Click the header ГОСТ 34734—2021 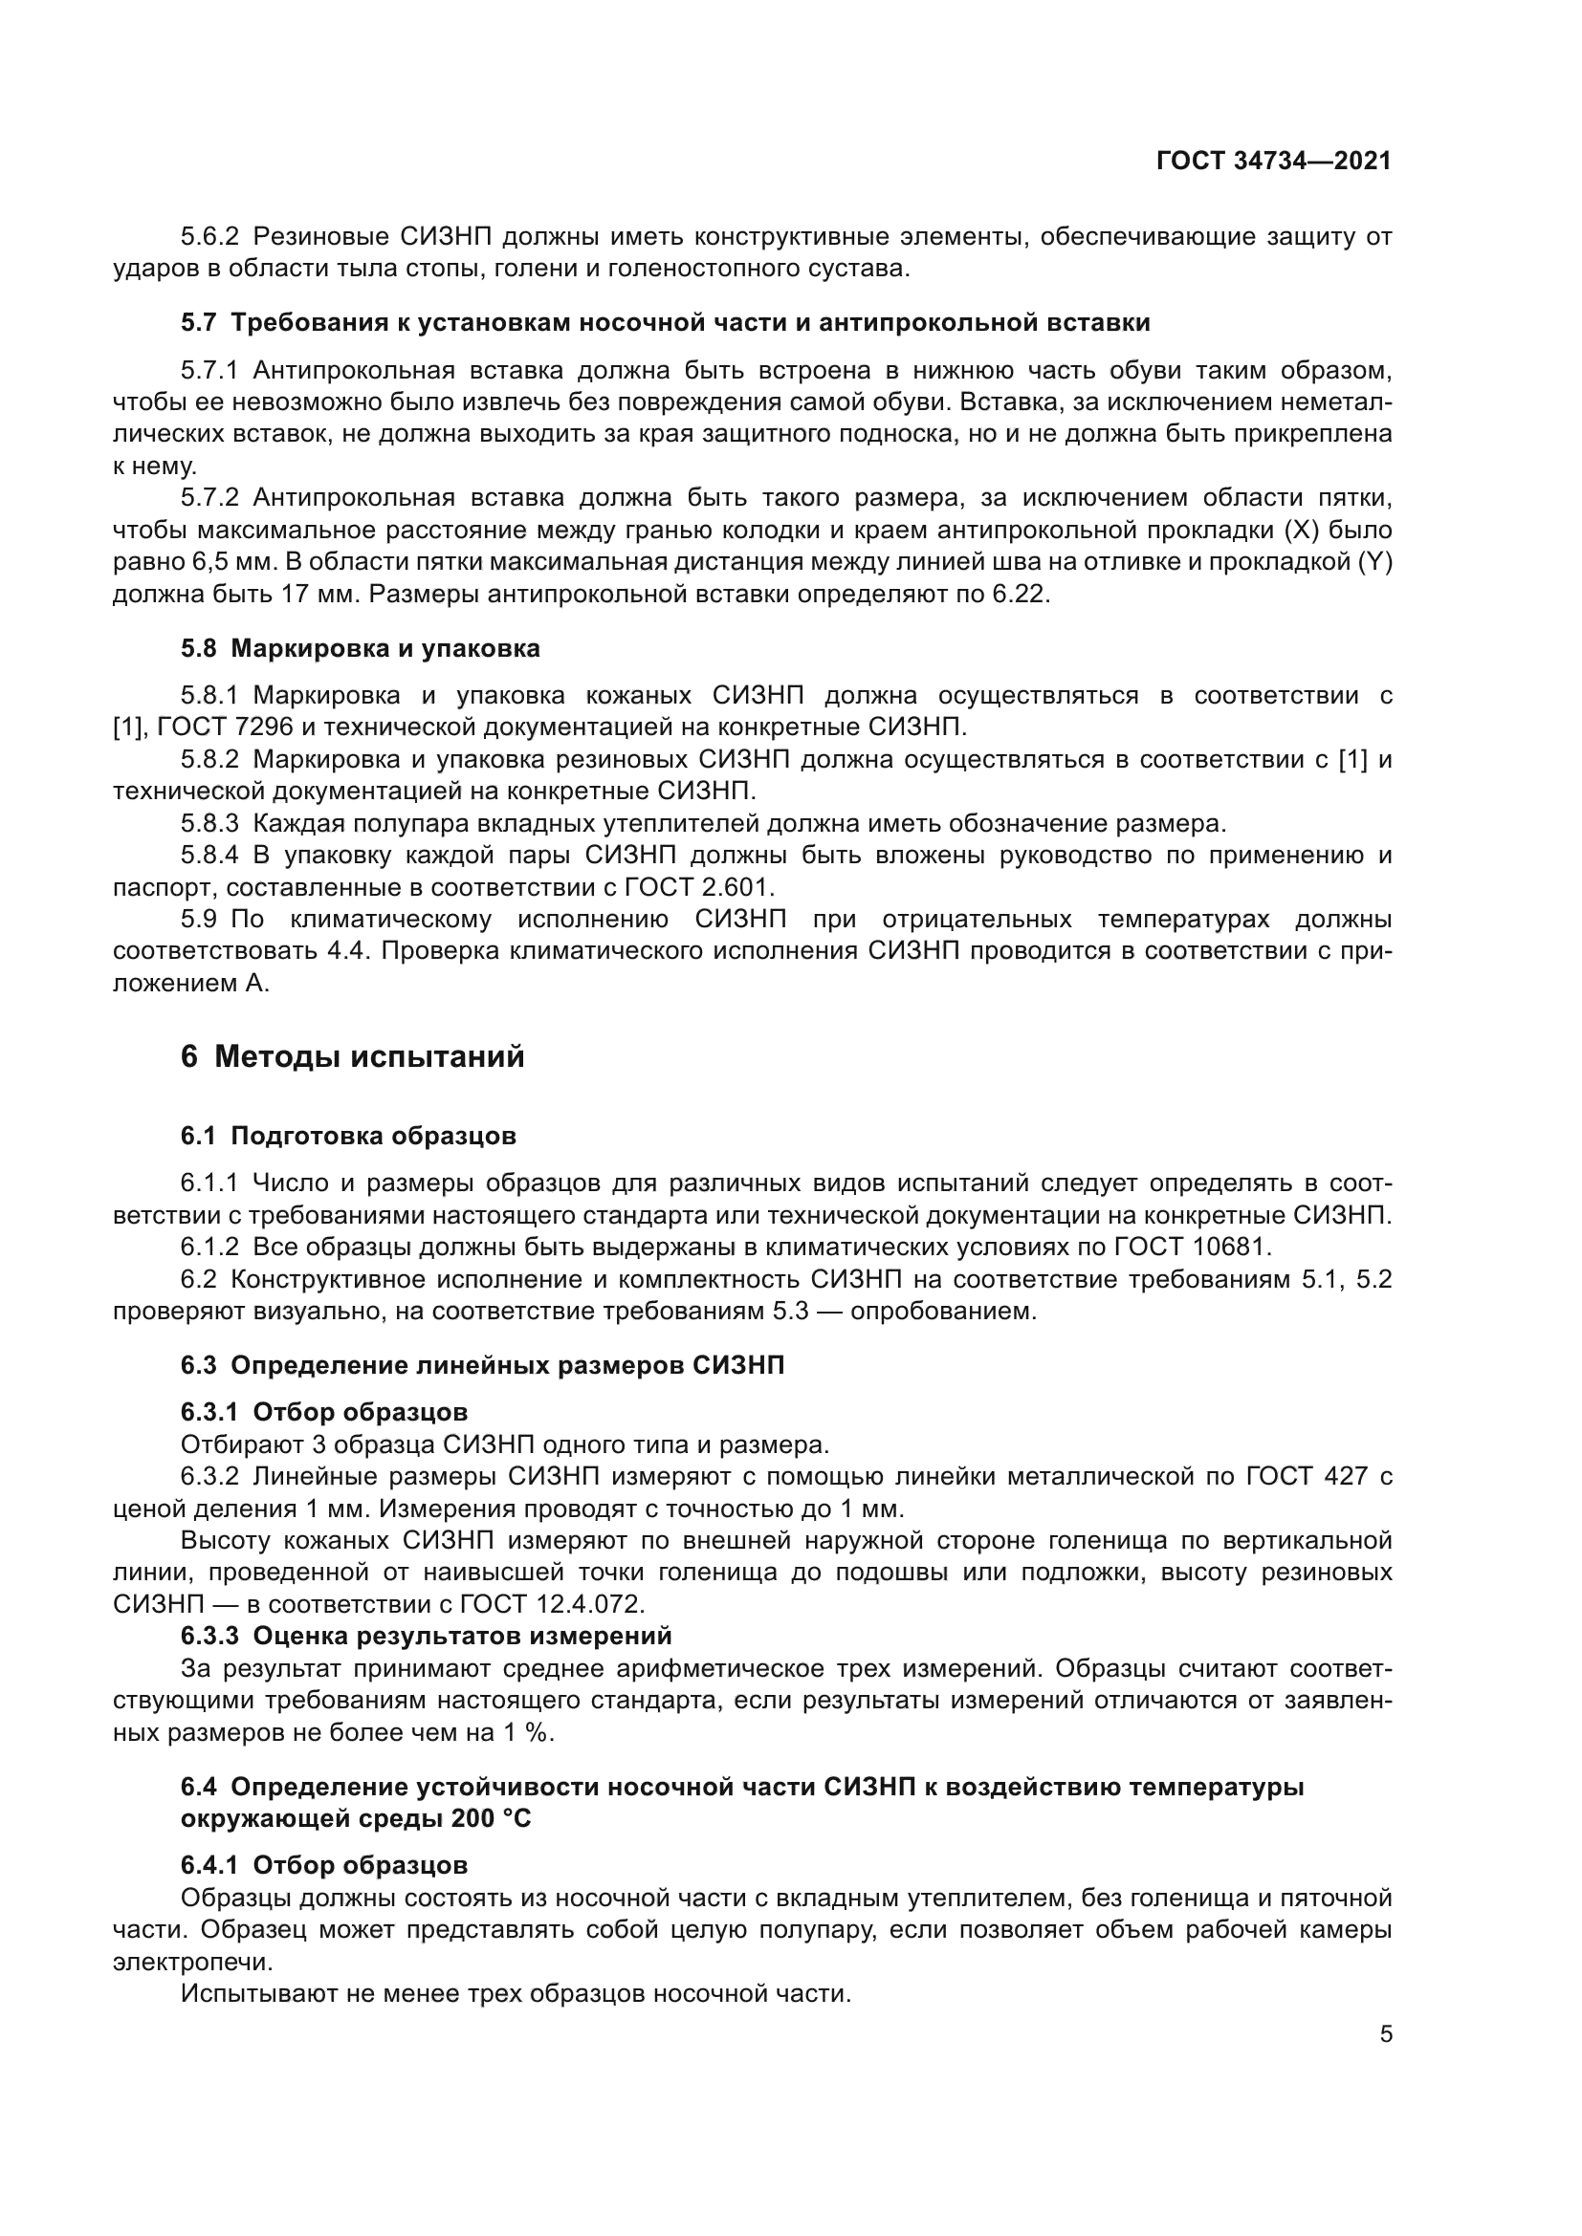1273,162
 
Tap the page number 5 1386,2034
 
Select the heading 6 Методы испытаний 352,1056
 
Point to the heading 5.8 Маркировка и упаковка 360,648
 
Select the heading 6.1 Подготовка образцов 348,1137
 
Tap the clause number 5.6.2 209,237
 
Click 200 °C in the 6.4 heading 490,1819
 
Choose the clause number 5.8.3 209,824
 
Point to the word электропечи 193,1963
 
